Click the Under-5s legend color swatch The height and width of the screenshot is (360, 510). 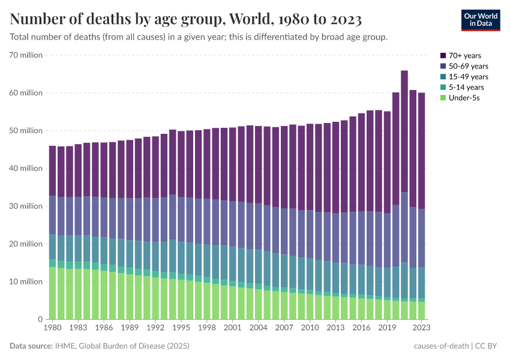click(443, 97)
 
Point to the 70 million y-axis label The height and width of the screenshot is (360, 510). click(25, 55)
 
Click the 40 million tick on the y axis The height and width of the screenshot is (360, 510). click(25, 169)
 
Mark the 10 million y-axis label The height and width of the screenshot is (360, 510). click(25, 281)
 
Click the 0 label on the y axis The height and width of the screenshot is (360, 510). click(40, 319)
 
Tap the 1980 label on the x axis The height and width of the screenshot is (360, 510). click(52, 329)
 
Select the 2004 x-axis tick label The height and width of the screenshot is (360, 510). click(258, 329)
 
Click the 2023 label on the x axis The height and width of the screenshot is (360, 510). click(421, 329)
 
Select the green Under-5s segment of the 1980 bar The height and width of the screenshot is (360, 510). click(52, 294)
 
